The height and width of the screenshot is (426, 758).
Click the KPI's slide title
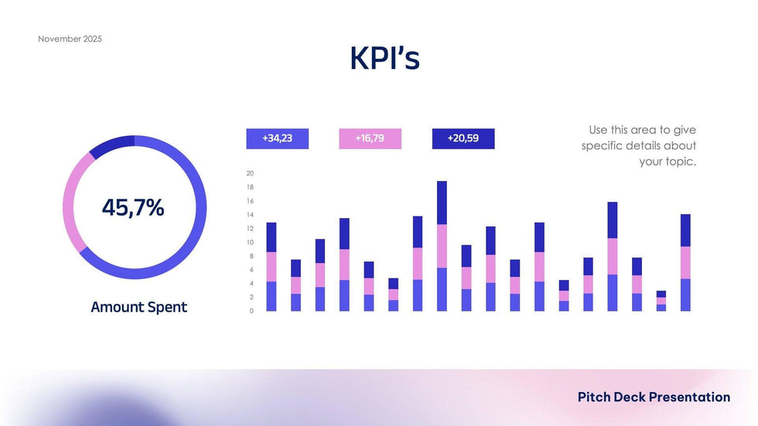[384, 59]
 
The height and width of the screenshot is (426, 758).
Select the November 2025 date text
[70, 39]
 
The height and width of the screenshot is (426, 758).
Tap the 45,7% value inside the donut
[133, 207]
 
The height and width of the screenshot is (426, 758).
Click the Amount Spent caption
[138, 307]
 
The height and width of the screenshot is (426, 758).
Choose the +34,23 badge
[277, 138]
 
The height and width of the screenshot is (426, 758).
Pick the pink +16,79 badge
[370, 138]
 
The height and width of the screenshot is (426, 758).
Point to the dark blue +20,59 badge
[463, 138]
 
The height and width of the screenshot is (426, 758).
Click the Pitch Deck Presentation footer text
[654, 397]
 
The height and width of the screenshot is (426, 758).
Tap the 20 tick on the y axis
[250, 173]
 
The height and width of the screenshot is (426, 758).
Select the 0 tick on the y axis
[251, 311]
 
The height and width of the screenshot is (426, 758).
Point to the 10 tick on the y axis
[250, 242]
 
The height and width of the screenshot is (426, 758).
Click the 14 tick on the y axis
[250, 215]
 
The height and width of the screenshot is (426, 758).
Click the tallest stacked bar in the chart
[442, 247]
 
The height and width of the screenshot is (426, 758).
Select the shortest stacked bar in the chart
[661, 302]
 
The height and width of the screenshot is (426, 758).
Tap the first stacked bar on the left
[271, 267]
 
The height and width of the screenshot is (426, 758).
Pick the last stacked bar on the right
[685, 263]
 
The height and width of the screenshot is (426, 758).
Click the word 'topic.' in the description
[681, 162]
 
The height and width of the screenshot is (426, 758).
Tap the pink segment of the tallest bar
[442, 246]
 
